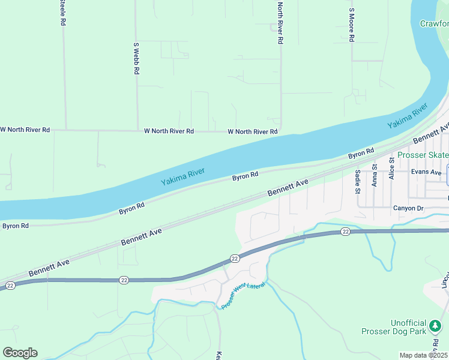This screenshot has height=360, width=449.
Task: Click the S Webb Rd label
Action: pyautogui.click(x=137, y=58)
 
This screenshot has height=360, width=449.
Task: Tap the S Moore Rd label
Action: pyautogui.click(x=352, y=25)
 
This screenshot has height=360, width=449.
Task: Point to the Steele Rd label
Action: pyautogui.click(x=62, y=13)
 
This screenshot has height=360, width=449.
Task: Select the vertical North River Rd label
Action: pyautogui.click(x=280, y=23)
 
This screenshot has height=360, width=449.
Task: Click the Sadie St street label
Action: pyautogui.click(x=357, y=182)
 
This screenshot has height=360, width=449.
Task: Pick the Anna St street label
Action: pyautogui.click(x=375, y=176)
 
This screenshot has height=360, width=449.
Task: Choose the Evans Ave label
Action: pyautogui.click(x=427, y=172)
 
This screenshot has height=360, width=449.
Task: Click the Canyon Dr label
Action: pyautogui.click(x=408, y=208)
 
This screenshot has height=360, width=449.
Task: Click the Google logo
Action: pyautogui.click(x=20, y=352)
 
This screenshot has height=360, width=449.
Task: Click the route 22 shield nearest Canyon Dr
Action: pyautogui.click(x=345, y=231)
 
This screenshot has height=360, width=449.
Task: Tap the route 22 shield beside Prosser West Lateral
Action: pyautogui.click(x=235, y=258)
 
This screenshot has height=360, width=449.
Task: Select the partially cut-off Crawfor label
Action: pyautogui.click(x=433, y=23)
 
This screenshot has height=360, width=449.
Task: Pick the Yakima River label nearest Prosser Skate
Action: pyautogui.click(x=407, y=116)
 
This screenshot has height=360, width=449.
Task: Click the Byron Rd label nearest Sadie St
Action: pyautogui.click(x=361, y=153)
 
